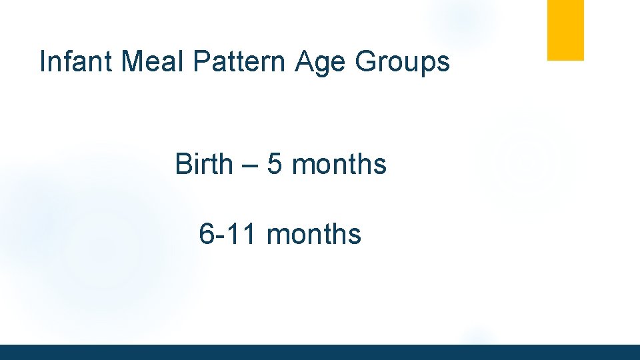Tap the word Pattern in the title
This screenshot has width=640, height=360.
(x=241, y=62)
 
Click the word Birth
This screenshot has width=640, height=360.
(x=204, y=164)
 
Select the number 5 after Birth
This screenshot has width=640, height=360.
(x=275, y=165)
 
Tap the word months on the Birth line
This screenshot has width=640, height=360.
(x=339, y=164)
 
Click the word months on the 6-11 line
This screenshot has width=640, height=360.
(x=314, y=234)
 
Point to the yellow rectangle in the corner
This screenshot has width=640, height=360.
(x=565, y=30)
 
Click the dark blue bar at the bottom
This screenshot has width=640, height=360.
(x=320, y=352)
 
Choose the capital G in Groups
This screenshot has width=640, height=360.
(x=366, y=62)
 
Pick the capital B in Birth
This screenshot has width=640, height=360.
(x=183, y=164)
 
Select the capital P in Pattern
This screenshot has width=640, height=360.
(x=201, y=62)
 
